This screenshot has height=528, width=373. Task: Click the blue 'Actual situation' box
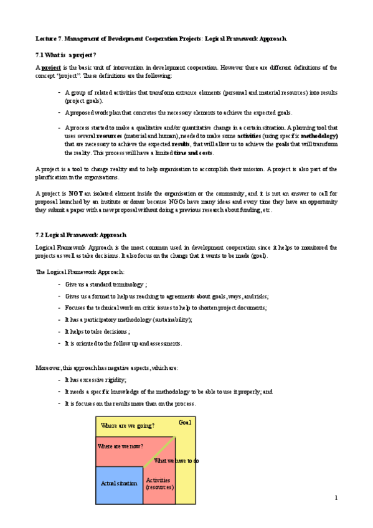pyautogui.click(x=118, y=484)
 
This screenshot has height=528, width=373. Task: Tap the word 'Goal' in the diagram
pyautogui.click(x=185, y=423)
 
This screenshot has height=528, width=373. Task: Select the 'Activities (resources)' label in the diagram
pyautogui.click(x=159, y=483)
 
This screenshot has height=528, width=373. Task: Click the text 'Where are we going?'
pyautogui.click(x=127, y=426)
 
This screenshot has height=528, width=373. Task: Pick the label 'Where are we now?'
pyautogui.click(x=120, y=446)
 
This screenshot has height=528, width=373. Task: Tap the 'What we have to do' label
pyautogui.click(x=176, y=461)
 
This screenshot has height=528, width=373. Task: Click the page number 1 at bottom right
pyautogui.click(x=336, y=497)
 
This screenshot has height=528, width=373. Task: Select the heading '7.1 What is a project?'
pyautogui.click(x=65, y=55)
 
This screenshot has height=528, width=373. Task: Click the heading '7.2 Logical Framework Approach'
pyautogui.click(x=81, y=235)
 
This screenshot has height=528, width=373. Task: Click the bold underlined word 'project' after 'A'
pyautogui.click(x=51, y=67)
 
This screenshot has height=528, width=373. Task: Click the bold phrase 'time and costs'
pyautogui.click(x=194, y=153)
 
